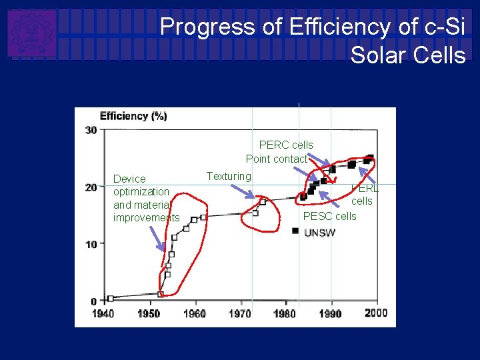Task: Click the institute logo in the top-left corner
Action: click(31, 33)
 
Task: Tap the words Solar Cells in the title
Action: click(407, 55)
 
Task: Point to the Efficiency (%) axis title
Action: click(133, 116)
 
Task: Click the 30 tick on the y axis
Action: click(91, 130)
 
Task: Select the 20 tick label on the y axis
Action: click(91, 187)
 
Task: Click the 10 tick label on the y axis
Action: click(91, 244)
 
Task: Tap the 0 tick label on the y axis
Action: click(94, 301)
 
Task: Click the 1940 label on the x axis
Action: click(102, 313)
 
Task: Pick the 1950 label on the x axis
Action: click(148, 313)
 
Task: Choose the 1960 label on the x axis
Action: click(194, 313)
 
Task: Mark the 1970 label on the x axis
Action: click(240, 313)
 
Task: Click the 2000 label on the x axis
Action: click(376, 313)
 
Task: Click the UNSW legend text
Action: click(320, 233)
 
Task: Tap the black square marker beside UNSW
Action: click(295, 231)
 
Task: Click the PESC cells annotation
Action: click(329, 216)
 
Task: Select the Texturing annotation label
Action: click(229, 176)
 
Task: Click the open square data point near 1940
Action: click(111, 299)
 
